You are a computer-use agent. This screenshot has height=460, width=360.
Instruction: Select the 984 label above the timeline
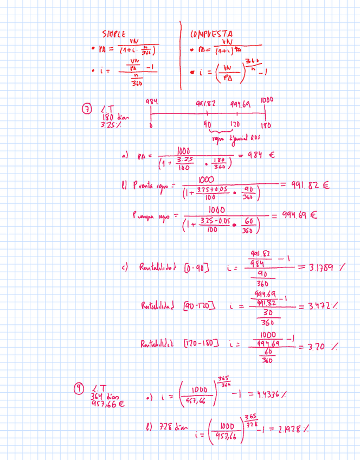click(151, 102)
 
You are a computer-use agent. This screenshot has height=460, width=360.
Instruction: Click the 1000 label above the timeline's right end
click(266, 101)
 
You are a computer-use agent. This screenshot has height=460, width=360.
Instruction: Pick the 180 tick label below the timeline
click(267, 125)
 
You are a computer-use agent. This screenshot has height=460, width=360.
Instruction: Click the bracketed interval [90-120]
click(200, 308)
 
